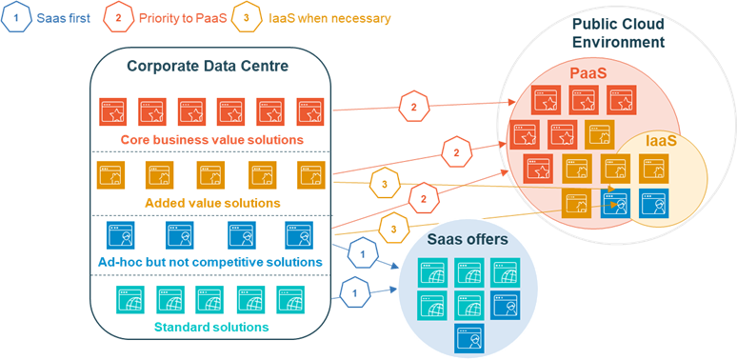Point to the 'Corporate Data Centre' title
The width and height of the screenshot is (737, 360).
[x=209, y=65]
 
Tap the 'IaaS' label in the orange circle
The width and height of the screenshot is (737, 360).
[x=662, y=140]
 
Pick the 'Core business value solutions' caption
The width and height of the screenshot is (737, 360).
[x=211, y=140]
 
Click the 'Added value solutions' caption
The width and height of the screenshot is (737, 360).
[x=211, y=203]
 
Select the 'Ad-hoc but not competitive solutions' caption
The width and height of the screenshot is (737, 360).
[x=211, y=262]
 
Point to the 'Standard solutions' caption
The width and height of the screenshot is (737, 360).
[x=211, y=327]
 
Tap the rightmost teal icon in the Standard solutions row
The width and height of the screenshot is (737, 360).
[x=289, y=298]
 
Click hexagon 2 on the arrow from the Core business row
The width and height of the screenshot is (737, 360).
[x=413, y=107]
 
